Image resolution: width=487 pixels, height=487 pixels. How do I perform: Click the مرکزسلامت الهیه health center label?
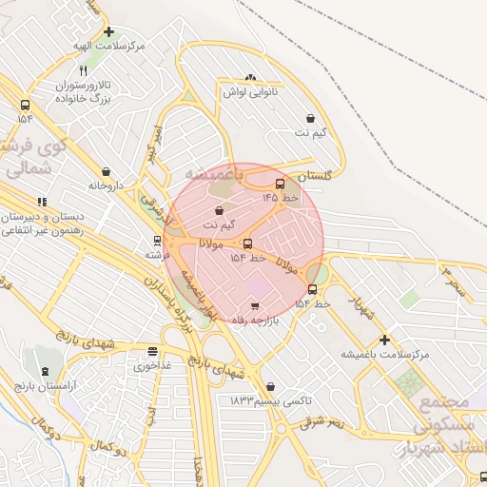[111, 46]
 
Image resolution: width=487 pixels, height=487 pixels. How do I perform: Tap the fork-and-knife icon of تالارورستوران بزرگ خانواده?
[84, 70]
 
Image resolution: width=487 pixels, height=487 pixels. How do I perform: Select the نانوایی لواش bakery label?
[249, 92]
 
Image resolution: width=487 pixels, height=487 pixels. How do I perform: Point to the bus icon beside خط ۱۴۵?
[280, 184]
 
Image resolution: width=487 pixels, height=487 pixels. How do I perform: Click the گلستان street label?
[315, 177]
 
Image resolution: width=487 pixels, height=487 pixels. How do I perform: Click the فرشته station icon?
[157, 241]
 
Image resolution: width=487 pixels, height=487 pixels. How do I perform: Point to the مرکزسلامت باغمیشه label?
[386, 354]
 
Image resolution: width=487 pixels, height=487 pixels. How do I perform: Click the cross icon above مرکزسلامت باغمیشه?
[385, 339]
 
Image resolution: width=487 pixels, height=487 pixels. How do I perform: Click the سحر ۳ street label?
[455, 282]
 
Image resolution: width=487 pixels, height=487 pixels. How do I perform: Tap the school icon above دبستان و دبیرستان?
[42, 202]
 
